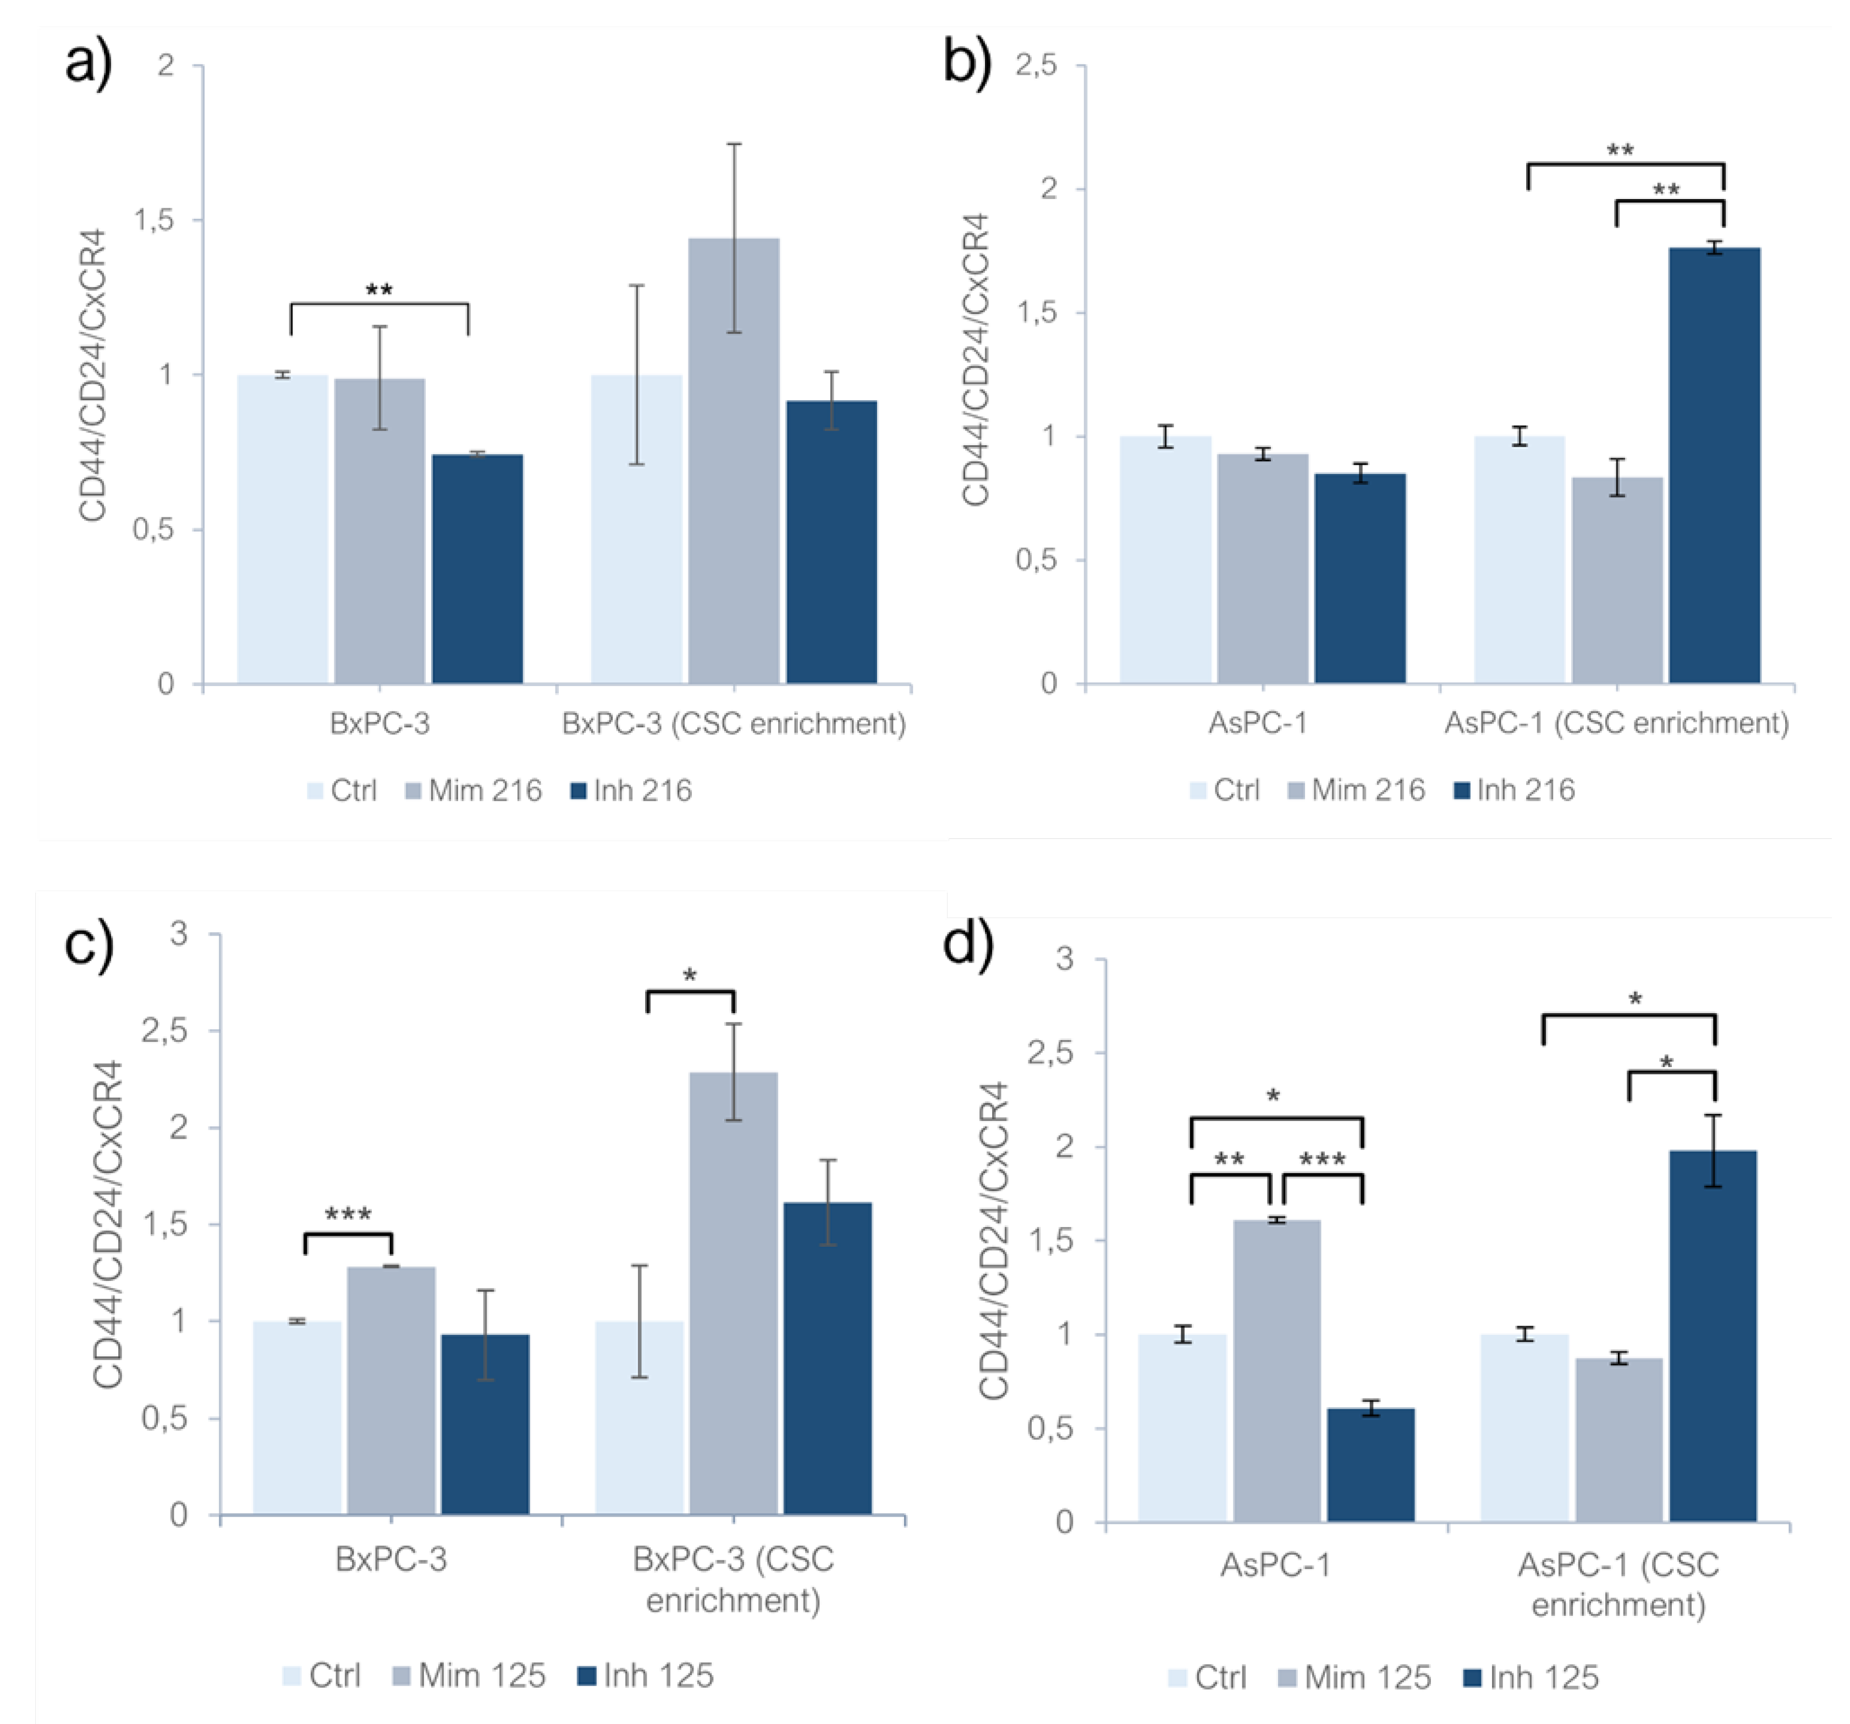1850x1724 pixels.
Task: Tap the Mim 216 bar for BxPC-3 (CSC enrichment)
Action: coord(733,461)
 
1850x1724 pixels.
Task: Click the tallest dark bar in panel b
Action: coord(1714,465)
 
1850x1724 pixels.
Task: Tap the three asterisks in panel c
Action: coord(348,1215)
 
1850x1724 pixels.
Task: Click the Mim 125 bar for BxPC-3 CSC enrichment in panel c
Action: coord(733,1293)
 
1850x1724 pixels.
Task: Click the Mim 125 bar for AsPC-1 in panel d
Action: coord(1277,1372)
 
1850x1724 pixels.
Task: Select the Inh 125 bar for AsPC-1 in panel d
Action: coord(1371,1466)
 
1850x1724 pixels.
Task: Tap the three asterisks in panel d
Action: coord(1323,1160)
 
